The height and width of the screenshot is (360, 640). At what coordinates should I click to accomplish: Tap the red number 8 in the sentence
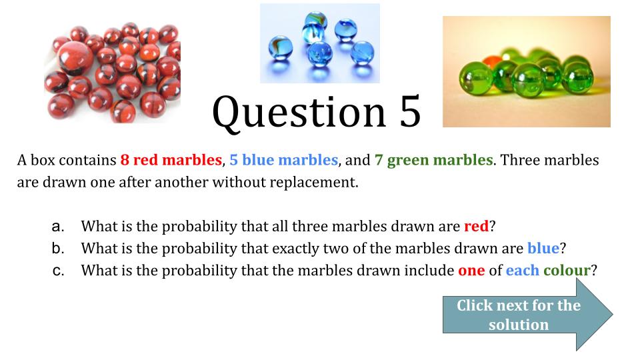125,160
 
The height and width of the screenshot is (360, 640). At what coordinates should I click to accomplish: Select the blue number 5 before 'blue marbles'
233,160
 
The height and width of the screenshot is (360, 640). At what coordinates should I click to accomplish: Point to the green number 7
379,160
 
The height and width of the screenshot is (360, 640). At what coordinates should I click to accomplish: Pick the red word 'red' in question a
476,226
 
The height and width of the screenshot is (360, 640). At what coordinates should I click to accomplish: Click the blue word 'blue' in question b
543,248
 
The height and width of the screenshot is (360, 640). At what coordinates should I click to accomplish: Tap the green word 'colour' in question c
567,270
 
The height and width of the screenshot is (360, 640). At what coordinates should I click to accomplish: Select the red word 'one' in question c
471,271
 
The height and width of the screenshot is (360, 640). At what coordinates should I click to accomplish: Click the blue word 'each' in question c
523,270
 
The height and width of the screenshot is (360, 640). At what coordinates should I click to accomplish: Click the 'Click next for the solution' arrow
527,315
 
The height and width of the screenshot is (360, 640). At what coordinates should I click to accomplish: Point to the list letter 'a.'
58,227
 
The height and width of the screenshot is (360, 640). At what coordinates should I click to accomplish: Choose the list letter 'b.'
58,248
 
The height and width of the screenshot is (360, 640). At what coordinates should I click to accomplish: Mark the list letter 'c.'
58,271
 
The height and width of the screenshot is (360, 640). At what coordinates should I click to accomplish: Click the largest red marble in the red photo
74,58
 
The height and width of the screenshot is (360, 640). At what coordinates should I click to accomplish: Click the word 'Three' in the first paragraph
521,160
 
